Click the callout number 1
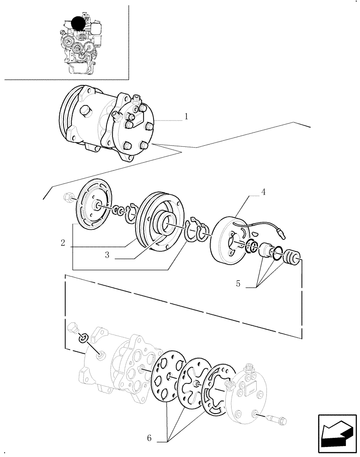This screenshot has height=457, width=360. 187,117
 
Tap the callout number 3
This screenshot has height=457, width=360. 106,255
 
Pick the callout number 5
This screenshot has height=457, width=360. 238,284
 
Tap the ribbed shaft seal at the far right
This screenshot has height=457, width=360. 291,257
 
